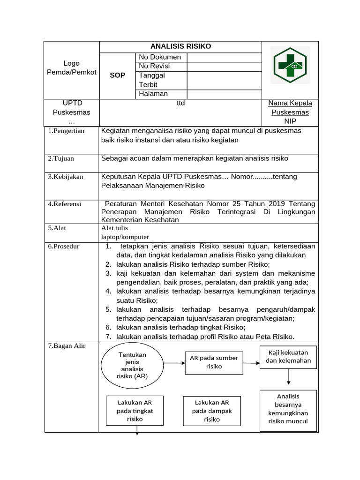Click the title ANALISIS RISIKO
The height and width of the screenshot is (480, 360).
pos(180,46)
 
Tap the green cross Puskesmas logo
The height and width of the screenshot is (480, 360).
pos(290,66)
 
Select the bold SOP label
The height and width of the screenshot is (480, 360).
pos(117,75)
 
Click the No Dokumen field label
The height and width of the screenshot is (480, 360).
pos(160,57)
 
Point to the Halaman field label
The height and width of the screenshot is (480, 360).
pos(153,94)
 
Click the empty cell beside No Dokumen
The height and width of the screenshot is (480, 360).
pos(224,57)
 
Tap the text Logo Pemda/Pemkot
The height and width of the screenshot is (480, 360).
pos(71,67)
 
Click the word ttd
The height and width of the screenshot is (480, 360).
pos(180,103)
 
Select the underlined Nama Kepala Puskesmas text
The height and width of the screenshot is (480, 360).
pos(290,108)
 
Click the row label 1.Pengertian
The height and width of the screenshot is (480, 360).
pos(66,131)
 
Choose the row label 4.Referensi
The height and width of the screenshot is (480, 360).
pos(65,204)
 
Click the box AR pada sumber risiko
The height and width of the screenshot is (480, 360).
pos(214,362)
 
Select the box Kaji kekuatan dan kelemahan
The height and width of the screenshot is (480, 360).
pos(288,357)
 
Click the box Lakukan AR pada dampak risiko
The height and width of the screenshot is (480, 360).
pos(211,411)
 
